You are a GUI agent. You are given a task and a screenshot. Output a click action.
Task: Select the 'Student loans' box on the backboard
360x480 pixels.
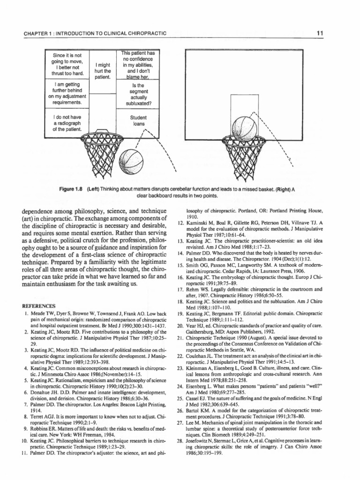click(x=139, y=120)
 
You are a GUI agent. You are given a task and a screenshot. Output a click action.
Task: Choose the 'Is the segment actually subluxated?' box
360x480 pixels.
click(x=139, y=94)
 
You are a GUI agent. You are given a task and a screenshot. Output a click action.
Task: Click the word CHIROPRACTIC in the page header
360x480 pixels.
click(x=143, y=33)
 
